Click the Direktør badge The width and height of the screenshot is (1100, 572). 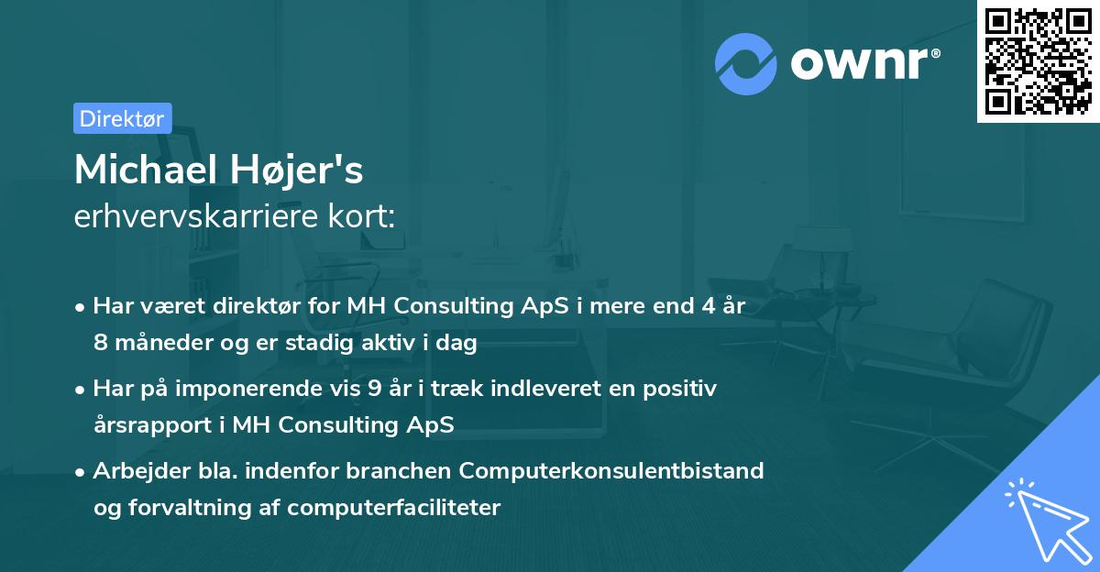[x=122, y=118]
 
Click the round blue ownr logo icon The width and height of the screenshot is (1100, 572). [x=746, y=63]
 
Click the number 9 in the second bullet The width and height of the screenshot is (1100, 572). [x=375, y=389]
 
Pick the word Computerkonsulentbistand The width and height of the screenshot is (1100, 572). [x=611, y=470]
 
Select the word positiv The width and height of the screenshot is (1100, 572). [x=682, y=389]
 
